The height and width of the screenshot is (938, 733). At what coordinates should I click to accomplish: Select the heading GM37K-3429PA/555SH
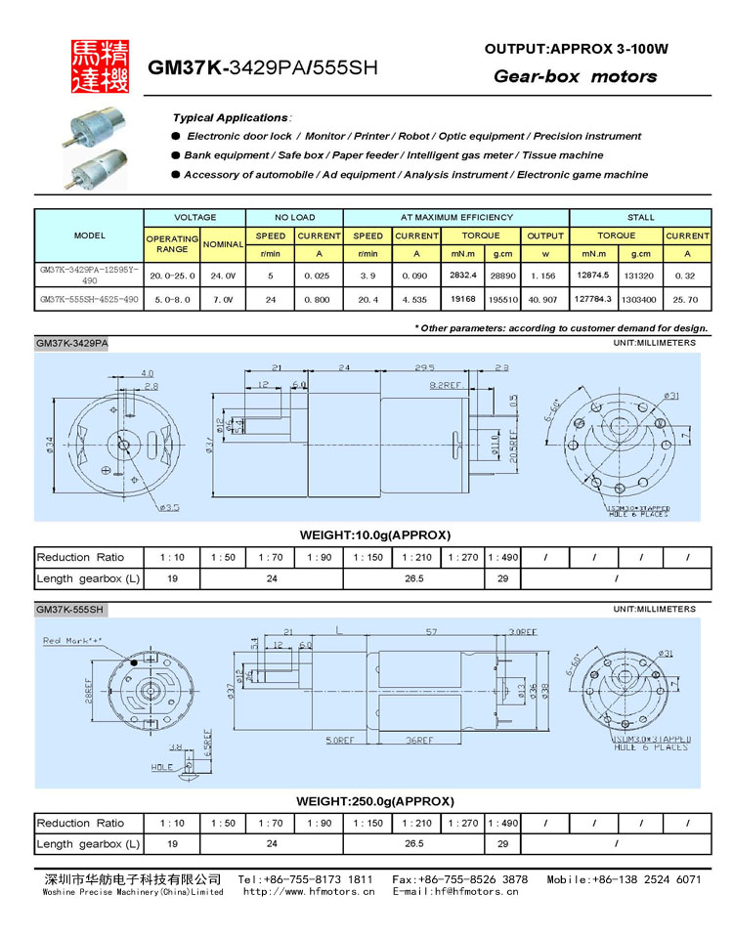click(262, 68)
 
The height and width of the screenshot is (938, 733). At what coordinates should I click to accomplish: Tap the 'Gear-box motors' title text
click(575, 76)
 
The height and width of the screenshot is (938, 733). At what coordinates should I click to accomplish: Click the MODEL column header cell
click(89, 235)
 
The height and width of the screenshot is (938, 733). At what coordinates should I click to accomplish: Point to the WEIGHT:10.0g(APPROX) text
click(373, 534)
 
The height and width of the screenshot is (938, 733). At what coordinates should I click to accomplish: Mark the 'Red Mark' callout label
click(71, 641)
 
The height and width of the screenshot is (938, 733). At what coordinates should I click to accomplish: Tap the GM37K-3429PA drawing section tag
click(72, 344)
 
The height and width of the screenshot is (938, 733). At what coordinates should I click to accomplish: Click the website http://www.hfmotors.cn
click(308, 891)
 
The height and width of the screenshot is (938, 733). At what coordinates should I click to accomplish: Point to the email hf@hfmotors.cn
click(455, 891)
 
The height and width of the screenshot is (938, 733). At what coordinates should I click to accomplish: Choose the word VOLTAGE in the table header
click(194, 217)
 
